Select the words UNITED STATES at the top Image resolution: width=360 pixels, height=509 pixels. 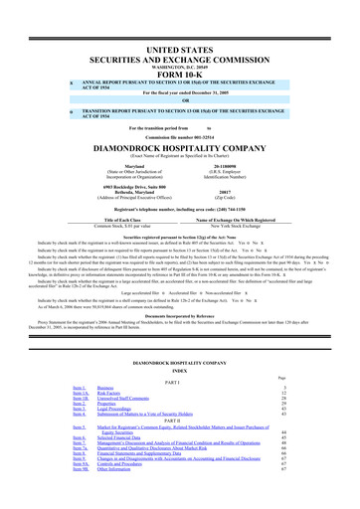[x=179, y=25]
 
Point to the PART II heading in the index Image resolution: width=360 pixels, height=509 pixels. [x=179, y=399]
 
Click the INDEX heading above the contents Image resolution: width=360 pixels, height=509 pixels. [x=179, y=343]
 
